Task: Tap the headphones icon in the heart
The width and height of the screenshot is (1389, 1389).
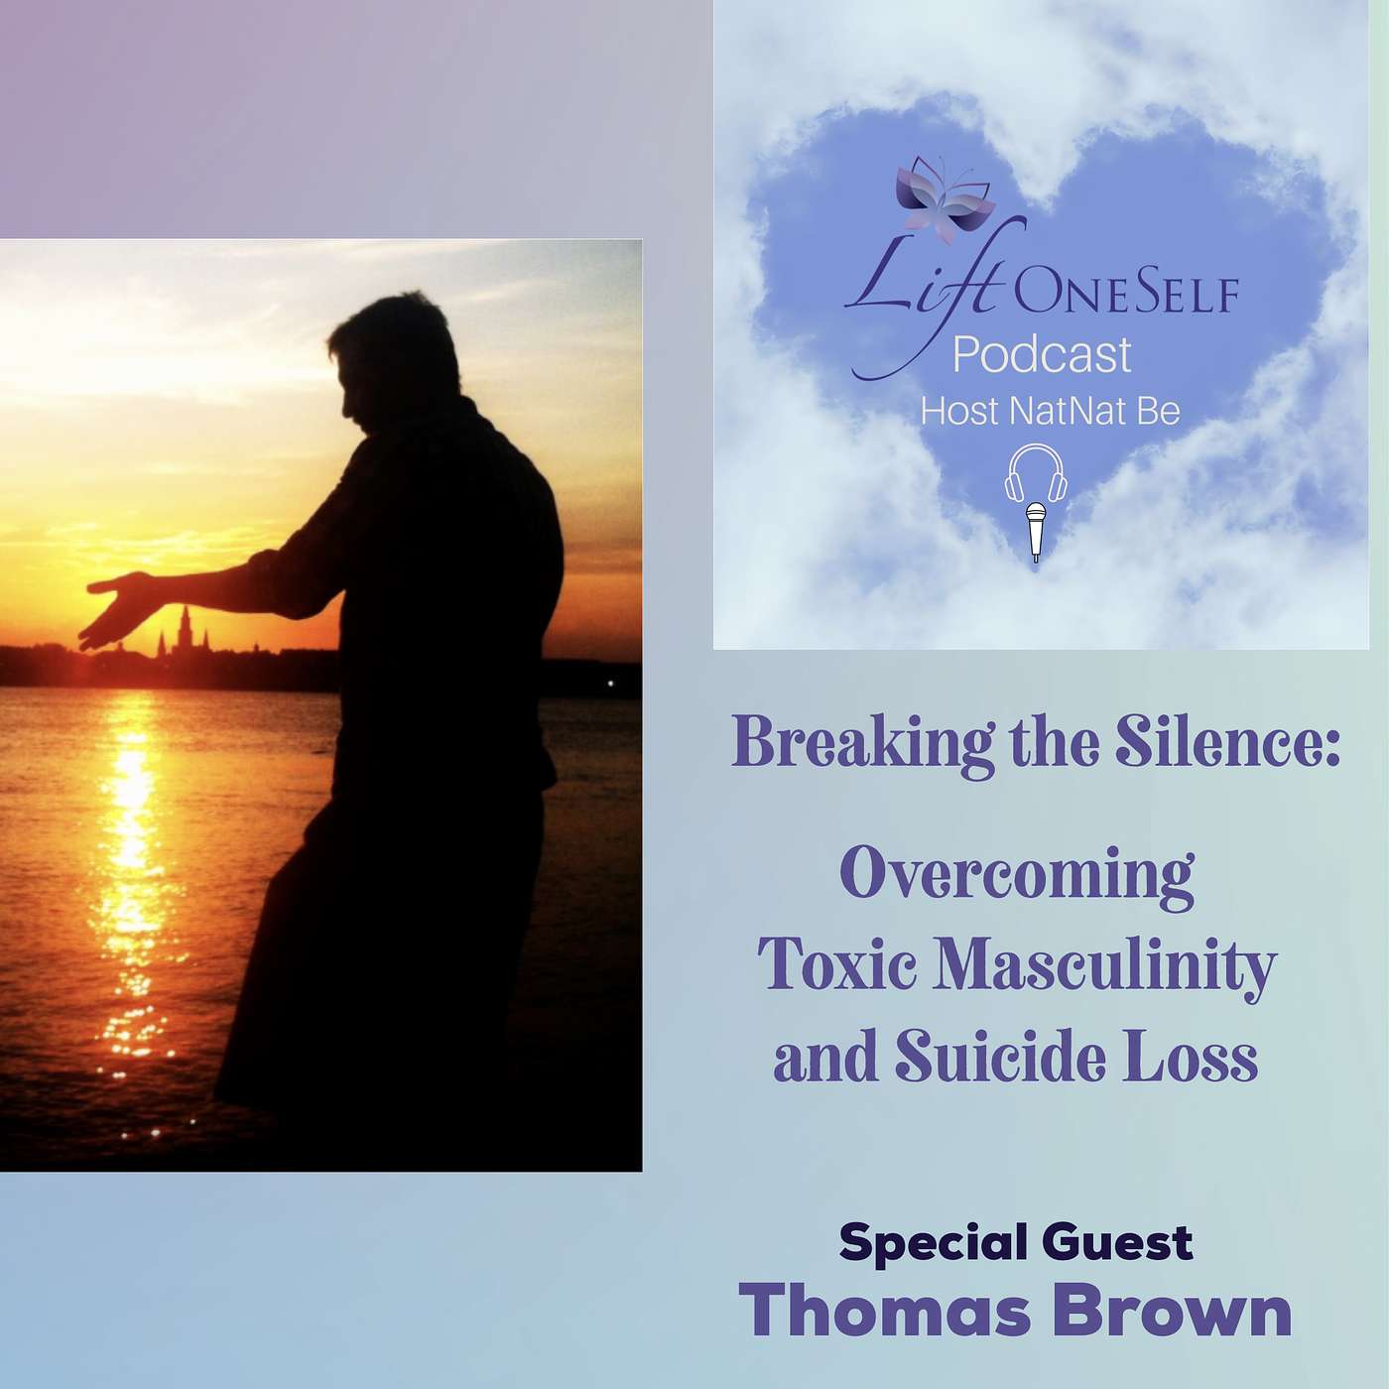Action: click(1035, 473)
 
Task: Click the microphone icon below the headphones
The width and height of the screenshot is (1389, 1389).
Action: click(1036, 532)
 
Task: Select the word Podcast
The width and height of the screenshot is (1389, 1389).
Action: click(1043, 355)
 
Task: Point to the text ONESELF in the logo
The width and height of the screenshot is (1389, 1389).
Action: click(1125, 294)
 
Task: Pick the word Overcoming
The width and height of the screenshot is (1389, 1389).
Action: click(1016, 874)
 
